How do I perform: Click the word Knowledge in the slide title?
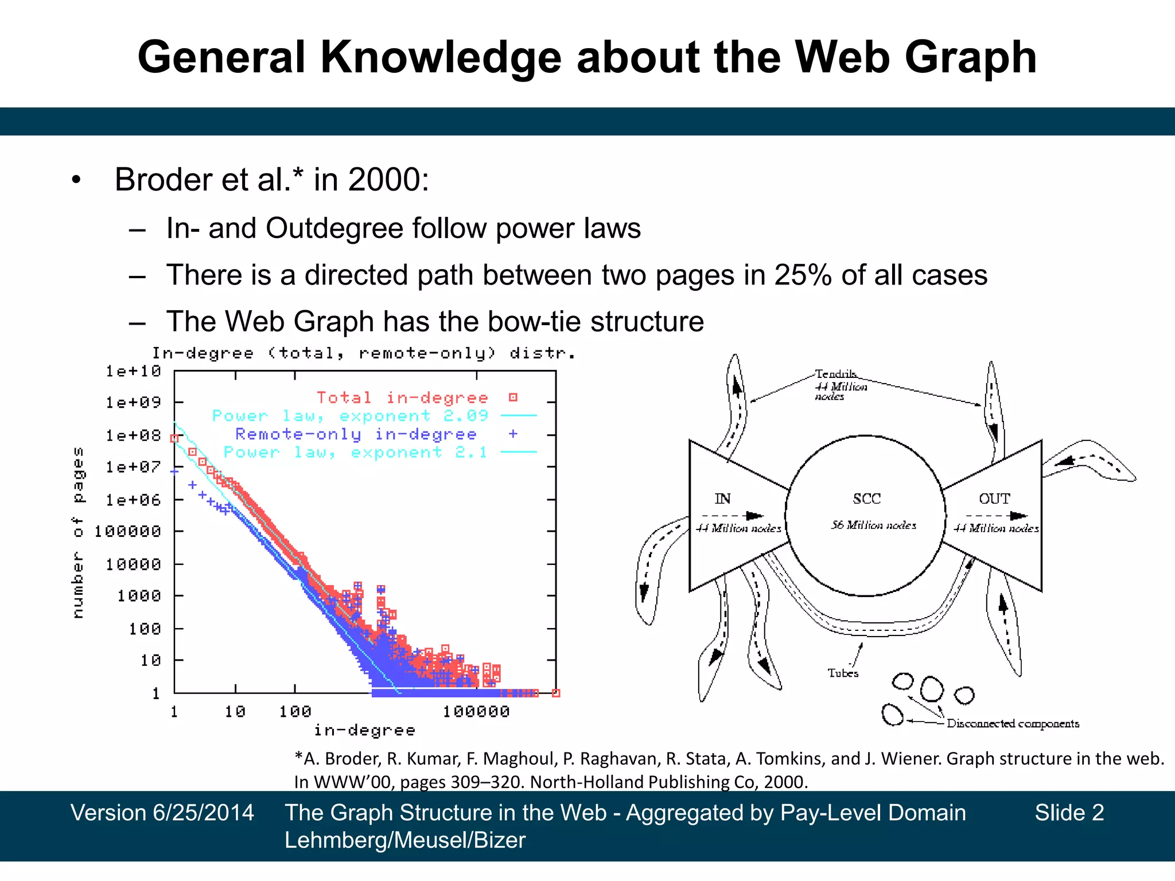[440, 59]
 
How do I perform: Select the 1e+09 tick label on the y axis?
[133, 403]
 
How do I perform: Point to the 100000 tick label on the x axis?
[476, 712]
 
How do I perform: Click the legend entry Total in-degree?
[402, 397]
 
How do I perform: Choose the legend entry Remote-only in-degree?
[356, 434]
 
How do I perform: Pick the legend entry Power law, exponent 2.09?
[350, 416]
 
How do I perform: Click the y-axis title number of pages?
[78, 532]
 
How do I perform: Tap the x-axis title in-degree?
[364, 730]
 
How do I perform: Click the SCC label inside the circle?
[866, 499]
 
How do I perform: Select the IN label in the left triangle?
[722, 499]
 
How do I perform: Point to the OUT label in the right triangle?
[994, 499]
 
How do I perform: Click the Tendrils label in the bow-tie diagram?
[836, 374]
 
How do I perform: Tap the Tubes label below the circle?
[843, 673]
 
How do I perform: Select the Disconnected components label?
[1013, 724]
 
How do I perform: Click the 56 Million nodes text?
[873, 525]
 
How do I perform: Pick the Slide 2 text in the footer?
[1069, 813]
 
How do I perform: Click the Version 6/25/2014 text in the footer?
[162, 813]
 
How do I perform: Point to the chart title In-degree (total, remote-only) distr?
[363, 353]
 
